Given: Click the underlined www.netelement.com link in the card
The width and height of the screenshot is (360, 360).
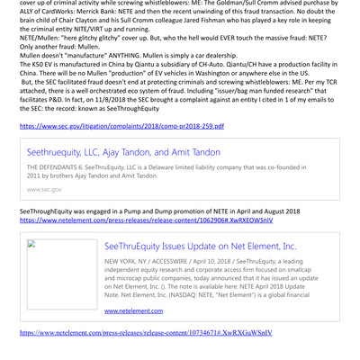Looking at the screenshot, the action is tap(134, 310).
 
